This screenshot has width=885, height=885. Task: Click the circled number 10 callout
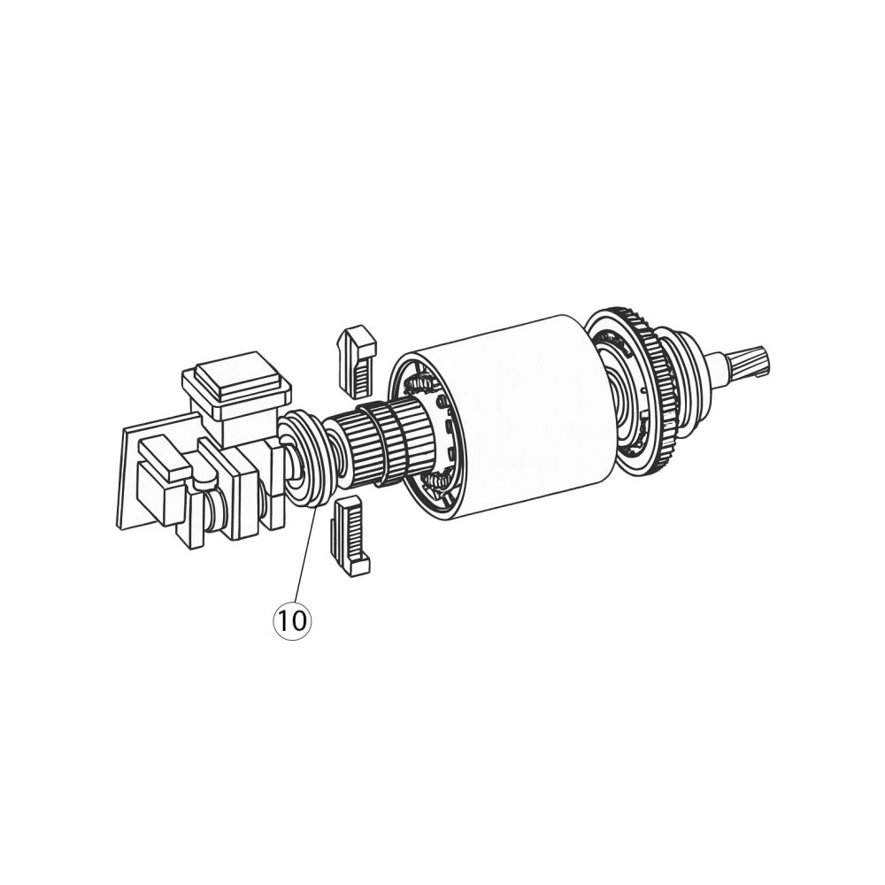(x=292, y=620)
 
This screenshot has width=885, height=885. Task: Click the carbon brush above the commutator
(x=357, y=359)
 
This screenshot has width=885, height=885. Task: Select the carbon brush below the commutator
(x=349, y=535)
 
